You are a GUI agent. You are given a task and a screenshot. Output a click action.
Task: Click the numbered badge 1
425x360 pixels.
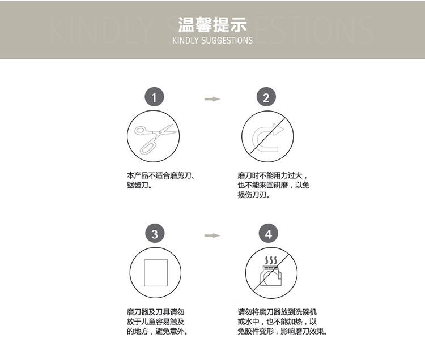point(154,97)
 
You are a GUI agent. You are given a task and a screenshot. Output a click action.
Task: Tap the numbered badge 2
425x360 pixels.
point(266,97)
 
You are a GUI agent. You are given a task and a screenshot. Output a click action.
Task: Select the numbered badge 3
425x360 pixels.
point(155,233)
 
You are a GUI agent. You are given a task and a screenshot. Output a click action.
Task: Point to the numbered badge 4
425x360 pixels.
point(269,233)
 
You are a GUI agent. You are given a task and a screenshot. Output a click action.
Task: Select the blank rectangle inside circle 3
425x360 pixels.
point(156,273)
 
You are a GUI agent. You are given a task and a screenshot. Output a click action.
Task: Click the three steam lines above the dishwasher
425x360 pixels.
point(271,260)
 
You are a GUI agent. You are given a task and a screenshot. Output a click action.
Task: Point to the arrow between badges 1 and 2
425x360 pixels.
point(212,99)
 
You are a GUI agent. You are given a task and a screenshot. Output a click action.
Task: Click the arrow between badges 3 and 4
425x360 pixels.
point(212,235)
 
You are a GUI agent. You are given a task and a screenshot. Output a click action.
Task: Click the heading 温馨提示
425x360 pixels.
point(212,25)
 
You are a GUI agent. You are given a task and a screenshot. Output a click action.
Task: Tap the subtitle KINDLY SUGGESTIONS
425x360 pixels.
point(212,41)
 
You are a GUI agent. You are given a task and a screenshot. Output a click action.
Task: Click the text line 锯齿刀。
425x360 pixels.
point(139,185)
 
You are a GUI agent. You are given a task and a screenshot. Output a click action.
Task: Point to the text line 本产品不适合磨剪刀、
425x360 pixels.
point(160,175)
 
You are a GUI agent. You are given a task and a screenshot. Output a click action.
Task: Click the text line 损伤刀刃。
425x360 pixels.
point(253,195)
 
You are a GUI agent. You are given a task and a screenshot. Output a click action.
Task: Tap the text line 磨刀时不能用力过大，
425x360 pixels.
point(273,175)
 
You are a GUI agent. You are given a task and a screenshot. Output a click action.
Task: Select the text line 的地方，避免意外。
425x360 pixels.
point(157,331)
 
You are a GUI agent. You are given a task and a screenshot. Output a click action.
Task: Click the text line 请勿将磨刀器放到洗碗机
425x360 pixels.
point(277,312)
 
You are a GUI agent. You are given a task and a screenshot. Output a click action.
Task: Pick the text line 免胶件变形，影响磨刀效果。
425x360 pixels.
point(282,331)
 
